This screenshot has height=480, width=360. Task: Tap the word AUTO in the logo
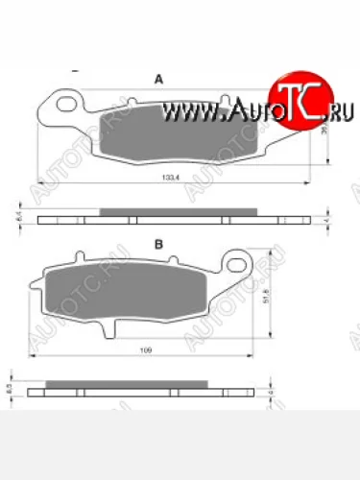245,112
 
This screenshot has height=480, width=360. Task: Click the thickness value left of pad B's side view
11,392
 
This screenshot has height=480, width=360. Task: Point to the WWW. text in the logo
192,113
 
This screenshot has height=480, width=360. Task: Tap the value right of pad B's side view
272,393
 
